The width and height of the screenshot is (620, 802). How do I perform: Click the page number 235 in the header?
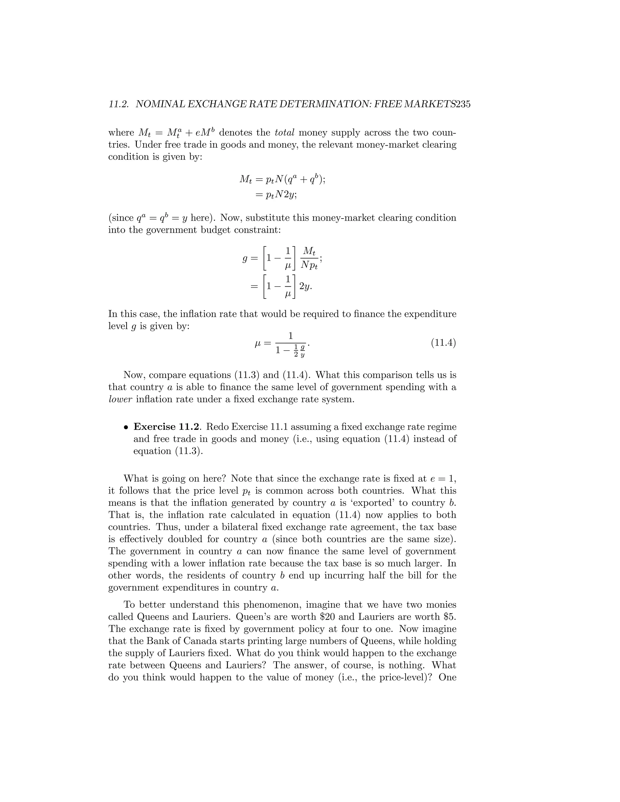pyautogui.click(x=463, y=104)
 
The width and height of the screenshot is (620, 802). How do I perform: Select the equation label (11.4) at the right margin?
pyautogui.click(x=443, y=343)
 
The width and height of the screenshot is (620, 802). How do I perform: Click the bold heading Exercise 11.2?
pyautogui.click(x=167, y=427)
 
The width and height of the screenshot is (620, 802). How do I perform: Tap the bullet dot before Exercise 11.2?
pyautogui.click(x=126, y=427)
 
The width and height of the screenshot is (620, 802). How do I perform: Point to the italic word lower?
pyautogui.click(x=120, y=399)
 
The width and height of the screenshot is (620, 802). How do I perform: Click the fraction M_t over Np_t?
pyautogui.click(x=309, y=258)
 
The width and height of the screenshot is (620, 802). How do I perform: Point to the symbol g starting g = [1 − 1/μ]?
pyautogui.click(x=245, y=258)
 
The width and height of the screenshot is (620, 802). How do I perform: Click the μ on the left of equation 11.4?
pyautogui.click(x=258, y=343)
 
